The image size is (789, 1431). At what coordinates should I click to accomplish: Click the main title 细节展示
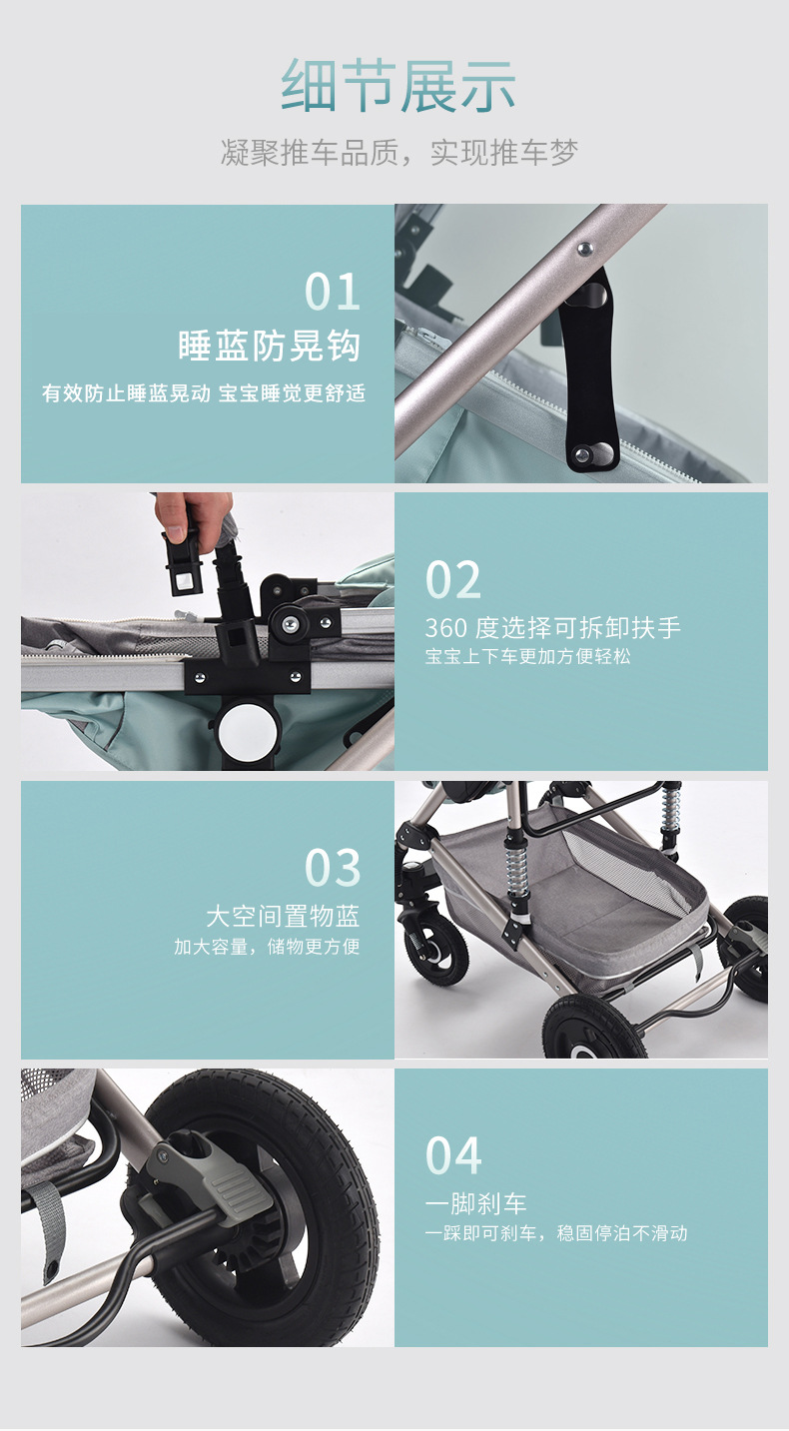click(x=397, y=86)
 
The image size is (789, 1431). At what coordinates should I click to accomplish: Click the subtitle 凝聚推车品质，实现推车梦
click(x=398, y=153)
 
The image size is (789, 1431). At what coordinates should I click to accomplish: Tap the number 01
click(x=333, y=292)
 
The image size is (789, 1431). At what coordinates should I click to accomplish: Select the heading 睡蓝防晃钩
click(x=270, y=346)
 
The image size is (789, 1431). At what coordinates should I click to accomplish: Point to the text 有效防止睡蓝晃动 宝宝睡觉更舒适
click(x=204, y=393)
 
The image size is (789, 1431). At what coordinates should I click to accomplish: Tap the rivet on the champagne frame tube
click(x=584, y=249)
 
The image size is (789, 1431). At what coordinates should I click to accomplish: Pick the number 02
click(x=452, y=580)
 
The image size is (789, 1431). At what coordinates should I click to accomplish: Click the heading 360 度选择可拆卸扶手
click(x=552, y=628)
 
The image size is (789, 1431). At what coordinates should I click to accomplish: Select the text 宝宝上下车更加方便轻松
click(x=527, y=657)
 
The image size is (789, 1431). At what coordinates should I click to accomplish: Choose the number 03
click(x=333, y=869)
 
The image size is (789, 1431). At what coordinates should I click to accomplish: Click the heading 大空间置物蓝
click(x=283, y=917)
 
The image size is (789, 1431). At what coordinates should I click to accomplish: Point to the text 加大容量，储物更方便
click(x=267, y=947)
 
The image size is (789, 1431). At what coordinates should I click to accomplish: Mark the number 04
click(x=452, y=1156)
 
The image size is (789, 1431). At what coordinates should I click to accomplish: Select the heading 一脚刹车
click(x=475, y=1204)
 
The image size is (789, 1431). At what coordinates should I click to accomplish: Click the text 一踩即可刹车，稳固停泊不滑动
click(x=555, y=1233)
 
